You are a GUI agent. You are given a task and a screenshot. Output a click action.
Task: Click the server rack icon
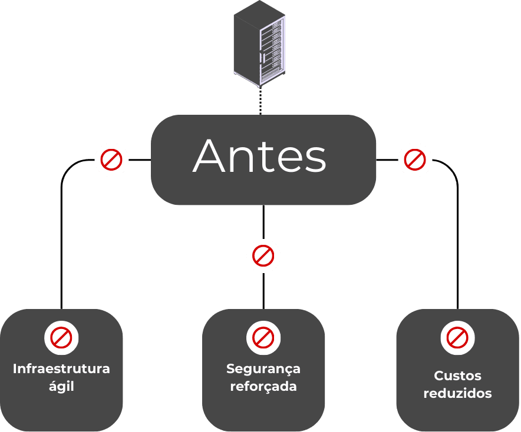click(x=259, y=43)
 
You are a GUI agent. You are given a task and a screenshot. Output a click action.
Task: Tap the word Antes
click(x=259, y=156)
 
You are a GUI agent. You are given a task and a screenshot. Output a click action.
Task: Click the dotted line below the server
click(x=260, y=101)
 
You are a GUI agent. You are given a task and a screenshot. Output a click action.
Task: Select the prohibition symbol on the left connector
click(x=111, y=159)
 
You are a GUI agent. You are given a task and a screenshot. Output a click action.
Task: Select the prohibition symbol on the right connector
click(x=415, y=159)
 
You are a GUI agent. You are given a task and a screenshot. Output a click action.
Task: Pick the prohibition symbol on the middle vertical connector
click(x=263, y=256)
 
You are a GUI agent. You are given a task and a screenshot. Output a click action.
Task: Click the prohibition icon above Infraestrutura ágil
click(x=61, y=338)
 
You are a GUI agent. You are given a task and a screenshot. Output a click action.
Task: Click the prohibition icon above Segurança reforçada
click(x=263, y=338)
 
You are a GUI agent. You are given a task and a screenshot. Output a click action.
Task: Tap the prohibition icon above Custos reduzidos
click(x=457, y=338)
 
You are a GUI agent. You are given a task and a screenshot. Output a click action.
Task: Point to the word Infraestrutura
click(x=61, y=368)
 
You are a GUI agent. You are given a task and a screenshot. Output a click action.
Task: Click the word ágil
click(x=61, y=387)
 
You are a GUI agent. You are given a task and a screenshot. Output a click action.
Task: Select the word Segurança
click(x=263, y=369)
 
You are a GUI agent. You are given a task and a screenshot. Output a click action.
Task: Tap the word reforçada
click(x=263, y=387)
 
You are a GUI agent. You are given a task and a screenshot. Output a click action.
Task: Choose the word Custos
click(x=457, y=376)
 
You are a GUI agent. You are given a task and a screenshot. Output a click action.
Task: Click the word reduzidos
click(x=457, y=393)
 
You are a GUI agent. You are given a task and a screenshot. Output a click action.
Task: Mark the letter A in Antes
click(x=209, y=156)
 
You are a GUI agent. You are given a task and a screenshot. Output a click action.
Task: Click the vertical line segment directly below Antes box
click(x=263, y=222)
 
